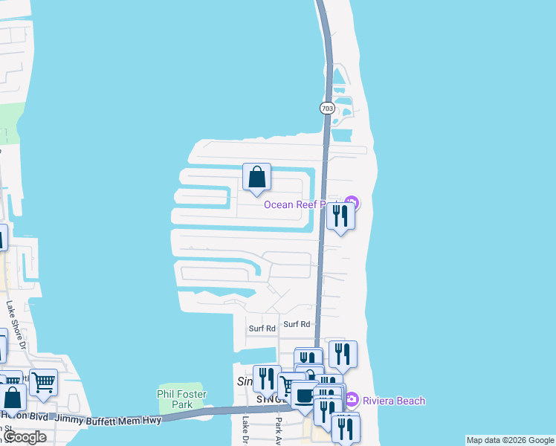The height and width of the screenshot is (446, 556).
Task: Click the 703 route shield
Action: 327,109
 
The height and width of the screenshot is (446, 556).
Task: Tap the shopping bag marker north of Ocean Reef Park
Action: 256,178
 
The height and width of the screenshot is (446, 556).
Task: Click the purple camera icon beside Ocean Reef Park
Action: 352,203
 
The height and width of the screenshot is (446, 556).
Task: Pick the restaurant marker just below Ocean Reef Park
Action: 340,216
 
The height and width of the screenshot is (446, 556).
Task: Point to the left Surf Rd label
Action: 262,328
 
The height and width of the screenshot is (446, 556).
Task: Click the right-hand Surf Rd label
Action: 296,324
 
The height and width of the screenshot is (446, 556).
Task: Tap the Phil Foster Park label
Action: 175,399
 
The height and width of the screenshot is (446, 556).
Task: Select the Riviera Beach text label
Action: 394,401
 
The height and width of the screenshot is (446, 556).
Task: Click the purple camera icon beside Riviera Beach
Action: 352,400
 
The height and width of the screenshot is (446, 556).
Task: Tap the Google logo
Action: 24,437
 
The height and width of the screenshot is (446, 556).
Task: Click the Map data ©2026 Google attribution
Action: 509,440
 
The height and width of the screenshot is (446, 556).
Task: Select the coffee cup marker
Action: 303,395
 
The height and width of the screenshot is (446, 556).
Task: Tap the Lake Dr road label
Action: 245,431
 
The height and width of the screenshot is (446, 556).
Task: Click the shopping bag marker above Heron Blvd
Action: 13,398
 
